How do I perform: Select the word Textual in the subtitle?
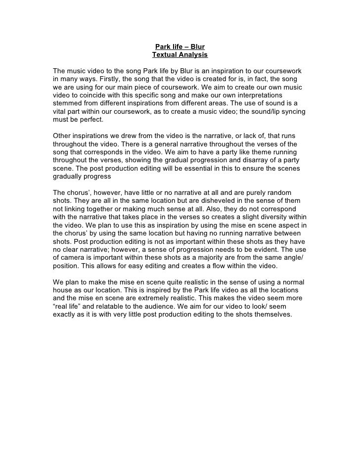click(165, 55)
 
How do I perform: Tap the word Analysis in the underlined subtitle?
click(193, 55)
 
